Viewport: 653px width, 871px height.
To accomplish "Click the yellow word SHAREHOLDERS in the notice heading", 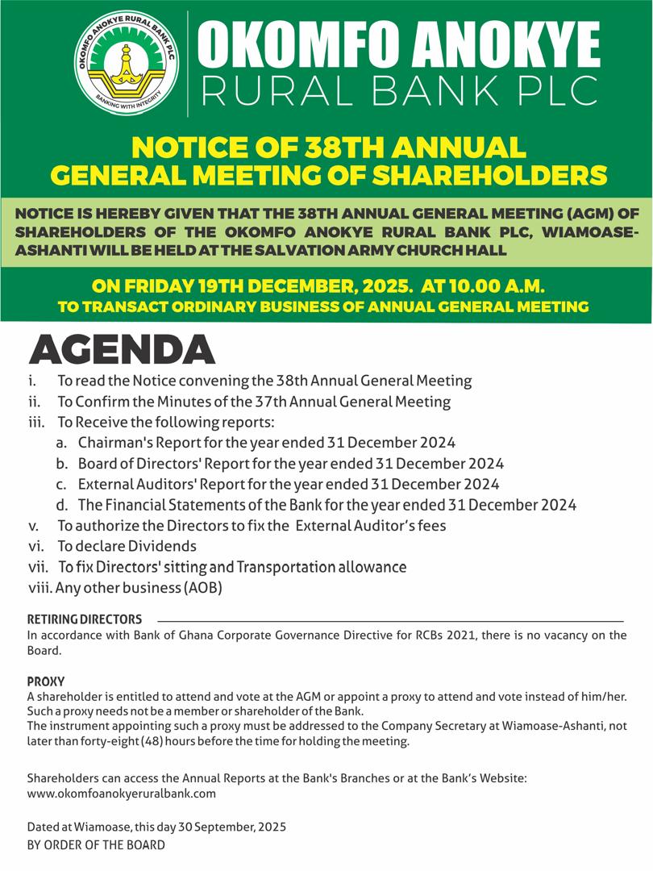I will point(484,173).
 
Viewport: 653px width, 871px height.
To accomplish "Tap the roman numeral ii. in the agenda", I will point(34,401).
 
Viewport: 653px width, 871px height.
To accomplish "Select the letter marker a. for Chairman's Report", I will point(61,443).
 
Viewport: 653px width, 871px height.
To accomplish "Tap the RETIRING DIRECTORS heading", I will point(85,619).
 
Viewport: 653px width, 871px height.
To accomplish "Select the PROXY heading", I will point(45,681).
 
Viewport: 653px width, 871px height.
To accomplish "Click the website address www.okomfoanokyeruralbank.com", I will point(122,793).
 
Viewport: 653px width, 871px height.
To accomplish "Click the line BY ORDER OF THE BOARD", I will point(96,844).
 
